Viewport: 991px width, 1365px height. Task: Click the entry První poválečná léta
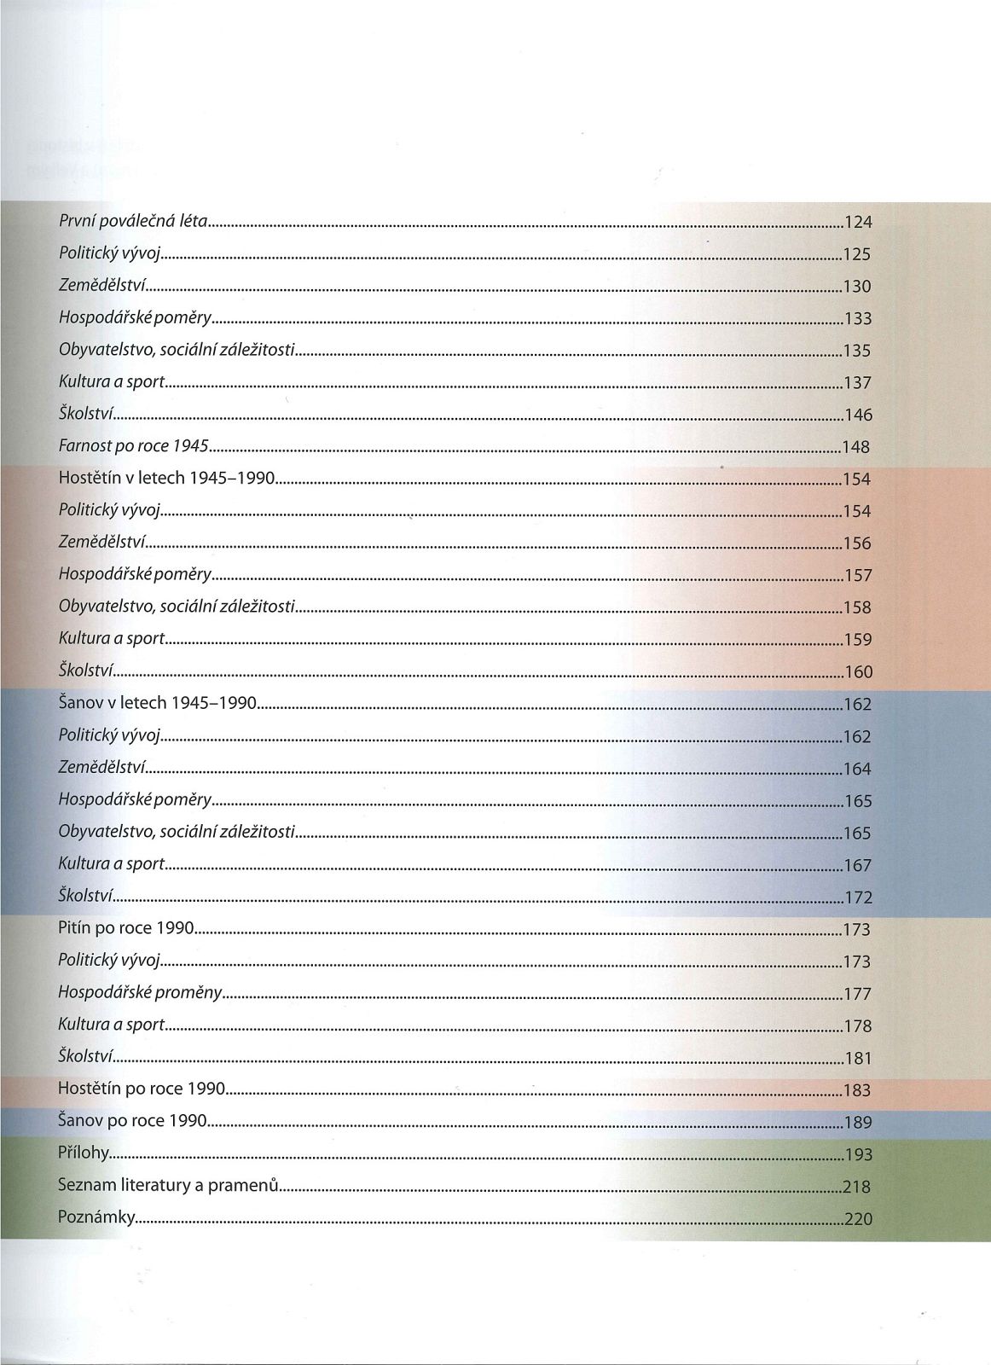point(132,221)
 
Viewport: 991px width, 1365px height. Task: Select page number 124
point(857,223)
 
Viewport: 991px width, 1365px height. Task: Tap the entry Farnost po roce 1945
point(134,445)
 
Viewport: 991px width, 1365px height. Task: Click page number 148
point(857,447)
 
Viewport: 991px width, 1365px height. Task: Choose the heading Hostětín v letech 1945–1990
point(166,478)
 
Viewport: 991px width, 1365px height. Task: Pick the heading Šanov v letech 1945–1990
point(157,703)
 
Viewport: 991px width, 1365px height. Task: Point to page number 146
point(857,415)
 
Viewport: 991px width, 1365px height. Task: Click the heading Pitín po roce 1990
point(126,928)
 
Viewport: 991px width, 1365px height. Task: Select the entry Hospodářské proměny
point(140,992)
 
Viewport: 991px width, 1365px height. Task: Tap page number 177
point(857,994)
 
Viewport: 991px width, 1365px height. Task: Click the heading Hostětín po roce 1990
point(142,1089)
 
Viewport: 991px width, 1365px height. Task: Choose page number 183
point(857,1090)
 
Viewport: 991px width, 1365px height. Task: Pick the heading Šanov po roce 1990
point(132,1120)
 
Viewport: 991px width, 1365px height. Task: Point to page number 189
point(857,1123)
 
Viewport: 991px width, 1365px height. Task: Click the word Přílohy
point(84,1153)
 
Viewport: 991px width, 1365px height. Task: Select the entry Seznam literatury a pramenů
point(169,1185)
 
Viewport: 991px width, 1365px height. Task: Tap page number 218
point(856,1187)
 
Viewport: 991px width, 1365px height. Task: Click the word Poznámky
point(96,1217)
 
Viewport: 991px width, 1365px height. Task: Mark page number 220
point(857,1219)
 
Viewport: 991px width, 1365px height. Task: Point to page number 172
point(857,897)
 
